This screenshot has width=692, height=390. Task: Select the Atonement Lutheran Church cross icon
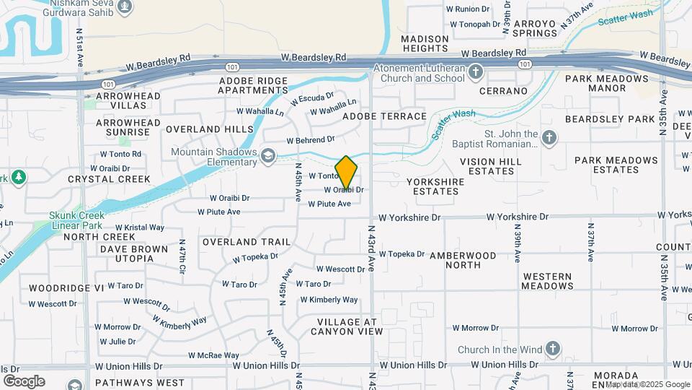(475, 71)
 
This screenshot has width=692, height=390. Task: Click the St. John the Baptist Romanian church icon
(549, 137)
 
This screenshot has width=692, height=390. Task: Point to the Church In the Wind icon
(552, 350)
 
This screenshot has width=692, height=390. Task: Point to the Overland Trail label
(247, 241)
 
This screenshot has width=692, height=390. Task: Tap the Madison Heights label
(425, 43)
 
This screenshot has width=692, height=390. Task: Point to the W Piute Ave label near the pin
(329, 204)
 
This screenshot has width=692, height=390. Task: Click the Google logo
(24, 381)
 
